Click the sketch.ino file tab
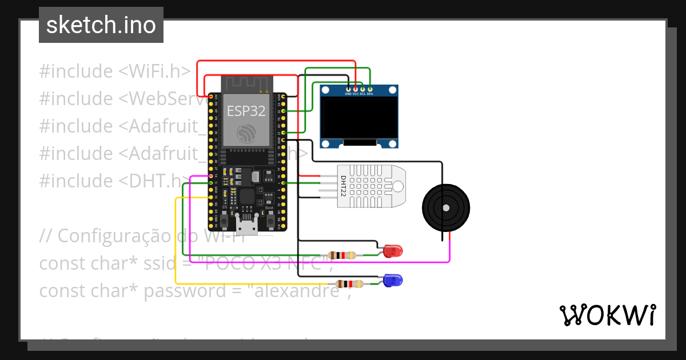click(101, 26)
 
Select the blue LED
click(393, 280)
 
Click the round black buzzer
click(445, 207)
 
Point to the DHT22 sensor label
click(344, 186)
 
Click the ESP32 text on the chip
click(246, 110)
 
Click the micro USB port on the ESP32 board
click(247, 227)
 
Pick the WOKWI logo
click(607, 315)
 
